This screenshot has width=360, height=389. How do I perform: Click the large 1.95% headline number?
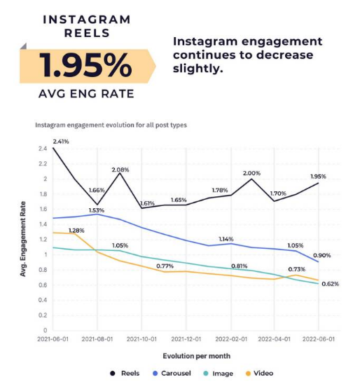pyautogui.click(x=85, y=66)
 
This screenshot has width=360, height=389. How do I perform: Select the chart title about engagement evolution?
pyautogui.click(x=111, y=125)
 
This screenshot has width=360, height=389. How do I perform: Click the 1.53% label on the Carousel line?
pyautogui.click(x=96, y=210)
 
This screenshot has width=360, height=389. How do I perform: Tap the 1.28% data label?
pyautogui.click(x=77, y=231)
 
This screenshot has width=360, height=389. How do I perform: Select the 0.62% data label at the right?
pyautogui.click(x=329, y=284)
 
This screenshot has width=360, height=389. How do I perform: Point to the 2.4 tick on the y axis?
pyautogui.click(x=43, y=149)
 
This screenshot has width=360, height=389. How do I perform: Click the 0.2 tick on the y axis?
pyautogui.click(x=43, y=315)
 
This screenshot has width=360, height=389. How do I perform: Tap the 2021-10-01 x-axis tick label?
pyautogui.click(x=142, y=339)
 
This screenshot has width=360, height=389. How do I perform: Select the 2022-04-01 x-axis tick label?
pyautogui.click(x=275, y=339)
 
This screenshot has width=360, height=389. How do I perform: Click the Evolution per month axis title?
pyautogui.click(x=185, y=356)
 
